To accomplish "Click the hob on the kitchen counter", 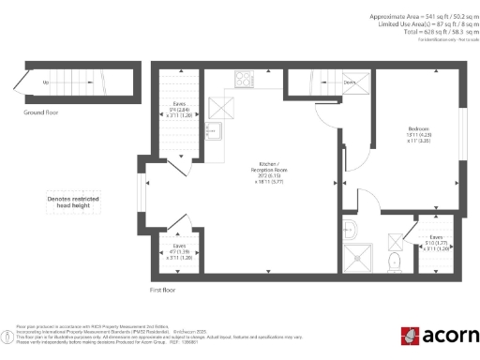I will [246, 80].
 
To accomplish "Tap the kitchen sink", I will [212, 130].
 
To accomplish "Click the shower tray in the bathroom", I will [355, 255].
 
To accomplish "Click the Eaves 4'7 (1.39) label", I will [179, 251].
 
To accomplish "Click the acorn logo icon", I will [410, 335].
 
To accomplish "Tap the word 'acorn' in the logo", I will [447, 335].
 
